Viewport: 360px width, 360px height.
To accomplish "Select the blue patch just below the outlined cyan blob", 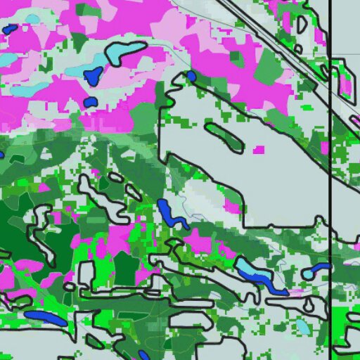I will coord(94,75).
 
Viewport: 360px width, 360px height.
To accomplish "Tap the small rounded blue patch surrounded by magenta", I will coord(89,103).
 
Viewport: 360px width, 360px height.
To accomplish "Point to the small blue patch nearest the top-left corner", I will coord(9,30).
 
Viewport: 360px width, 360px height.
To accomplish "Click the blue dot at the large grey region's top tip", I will coord(191,76).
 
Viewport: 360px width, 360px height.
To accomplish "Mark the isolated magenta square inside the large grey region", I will coord(259,149).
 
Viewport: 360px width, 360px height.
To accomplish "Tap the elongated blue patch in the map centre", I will coord(169,214).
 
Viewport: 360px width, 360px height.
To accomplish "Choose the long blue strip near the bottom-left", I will coord(46,318).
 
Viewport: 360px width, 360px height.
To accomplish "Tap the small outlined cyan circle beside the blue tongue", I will coord(308,274).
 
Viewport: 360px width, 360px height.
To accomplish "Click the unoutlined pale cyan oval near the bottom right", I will coord(302,326).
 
